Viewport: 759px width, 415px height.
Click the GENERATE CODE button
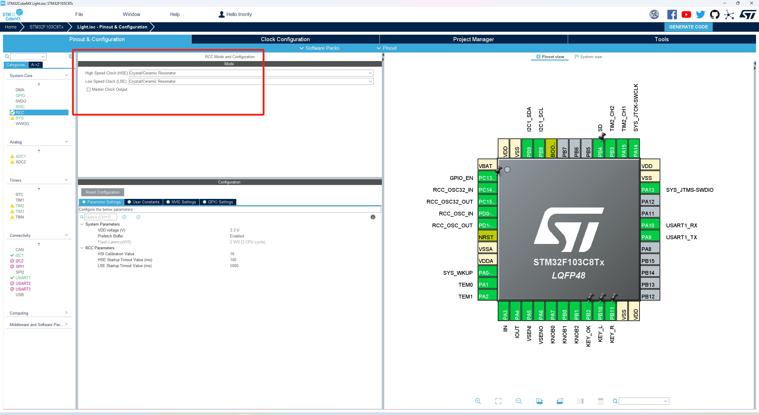[688, 27]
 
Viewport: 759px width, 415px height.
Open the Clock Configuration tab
[285, 39]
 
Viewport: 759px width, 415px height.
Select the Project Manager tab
[473, 39]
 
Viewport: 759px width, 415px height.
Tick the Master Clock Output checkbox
[89, 90]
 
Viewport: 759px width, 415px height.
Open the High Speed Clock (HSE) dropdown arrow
[370, 73]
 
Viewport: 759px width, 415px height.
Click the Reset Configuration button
[103, 192]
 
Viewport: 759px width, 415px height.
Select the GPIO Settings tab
[218, 202]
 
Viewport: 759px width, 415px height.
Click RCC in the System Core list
[20, 112]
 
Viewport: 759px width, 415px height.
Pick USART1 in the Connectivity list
[23, 278]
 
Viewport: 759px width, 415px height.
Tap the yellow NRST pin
[487, 237]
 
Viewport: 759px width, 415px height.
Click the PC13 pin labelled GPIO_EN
[487, 178]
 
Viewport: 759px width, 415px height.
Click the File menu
[79, 14]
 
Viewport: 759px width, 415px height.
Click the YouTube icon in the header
[686, 15]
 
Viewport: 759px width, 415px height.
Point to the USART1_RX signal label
[682, 226]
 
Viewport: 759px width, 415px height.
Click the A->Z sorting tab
[35, 65]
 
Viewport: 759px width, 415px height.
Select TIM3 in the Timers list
[20, 211]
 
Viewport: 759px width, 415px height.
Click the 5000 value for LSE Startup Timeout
[234, 266]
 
